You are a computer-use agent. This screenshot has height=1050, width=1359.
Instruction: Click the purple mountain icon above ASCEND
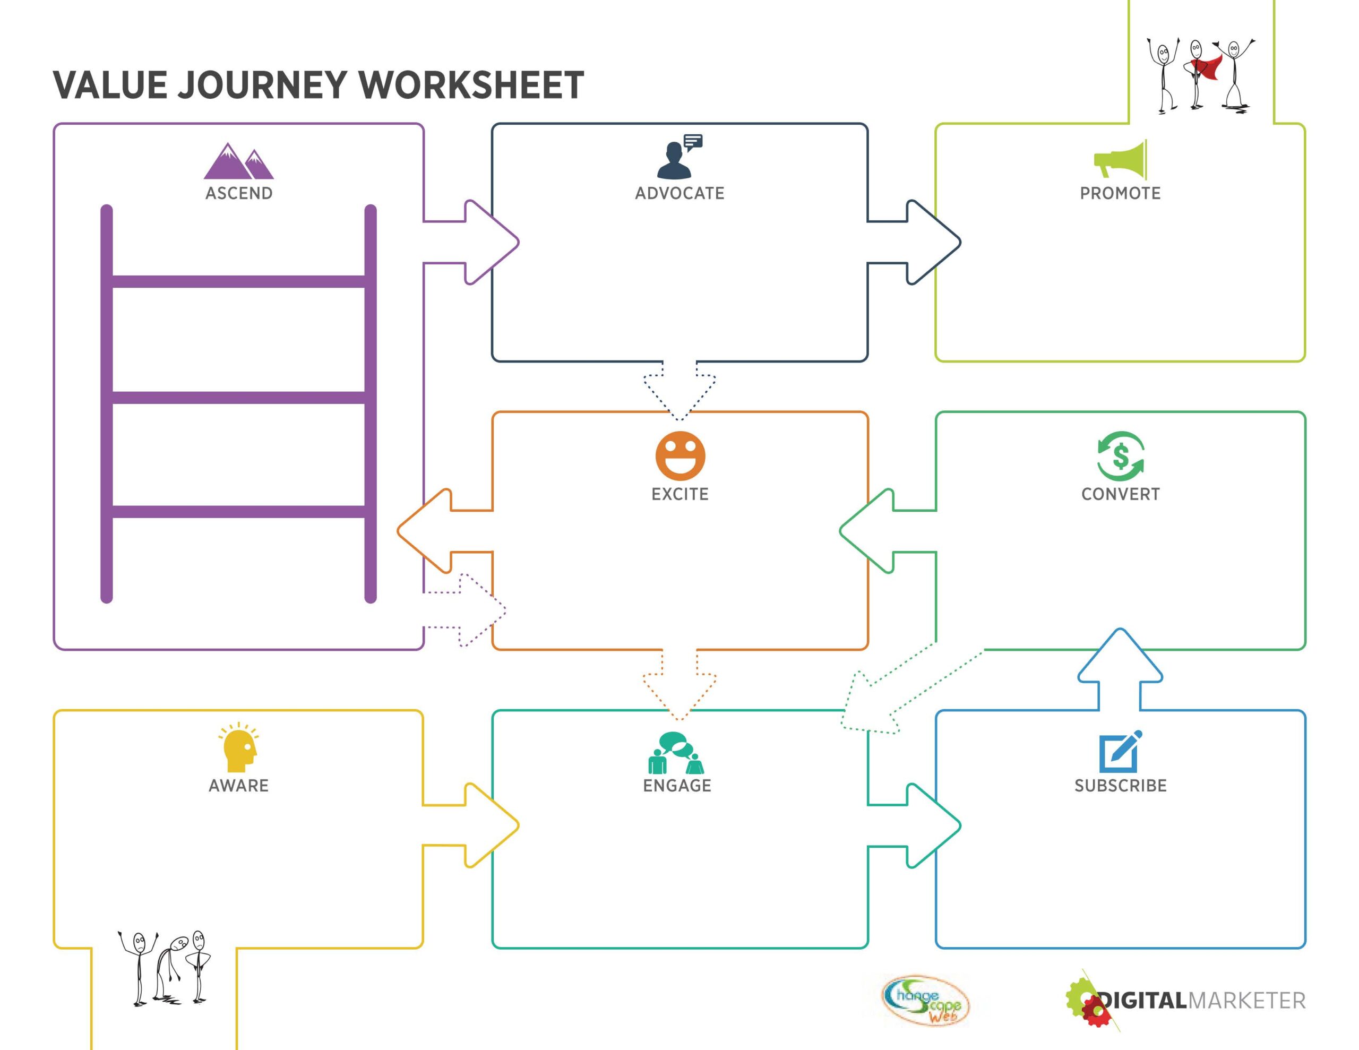click(238, 161)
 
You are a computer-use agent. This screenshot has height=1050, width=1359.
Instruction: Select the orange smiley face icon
click(680, 455)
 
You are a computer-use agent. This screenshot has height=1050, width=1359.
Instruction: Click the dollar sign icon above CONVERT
click(1120, 456)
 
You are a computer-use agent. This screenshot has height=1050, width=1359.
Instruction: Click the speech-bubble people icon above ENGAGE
click(676, 753)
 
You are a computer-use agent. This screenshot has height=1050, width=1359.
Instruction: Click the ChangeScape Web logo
click(925, 1001)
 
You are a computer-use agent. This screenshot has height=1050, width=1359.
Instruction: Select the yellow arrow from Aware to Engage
click(471, 825)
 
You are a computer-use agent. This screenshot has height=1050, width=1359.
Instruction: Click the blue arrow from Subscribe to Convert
click(1120, 669)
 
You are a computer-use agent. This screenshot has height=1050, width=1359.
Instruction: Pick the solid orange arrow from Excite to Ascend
click(445, 531)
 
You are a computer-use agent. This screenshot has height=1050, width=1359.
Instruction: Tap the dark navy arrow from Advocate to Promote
click(914, 242)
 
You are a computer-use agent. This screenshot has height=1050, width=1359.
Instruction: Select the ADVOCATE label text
click(679, 194)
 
